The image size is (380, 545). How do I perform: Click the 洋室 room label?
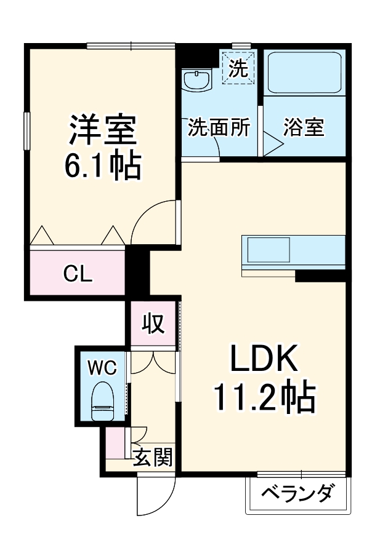coord(102,129)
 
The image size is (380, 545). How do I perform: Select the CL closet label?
coord(78,274)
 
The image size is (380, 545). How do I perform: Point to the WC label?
coord(101,367)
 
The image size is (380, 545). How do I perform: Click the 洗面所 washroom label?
coord(219,128)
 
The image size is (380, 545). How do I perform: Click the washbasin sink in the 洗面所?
coord(198,80)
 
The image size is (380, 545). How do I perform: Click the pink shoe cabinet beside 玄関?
coord(115,443)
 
